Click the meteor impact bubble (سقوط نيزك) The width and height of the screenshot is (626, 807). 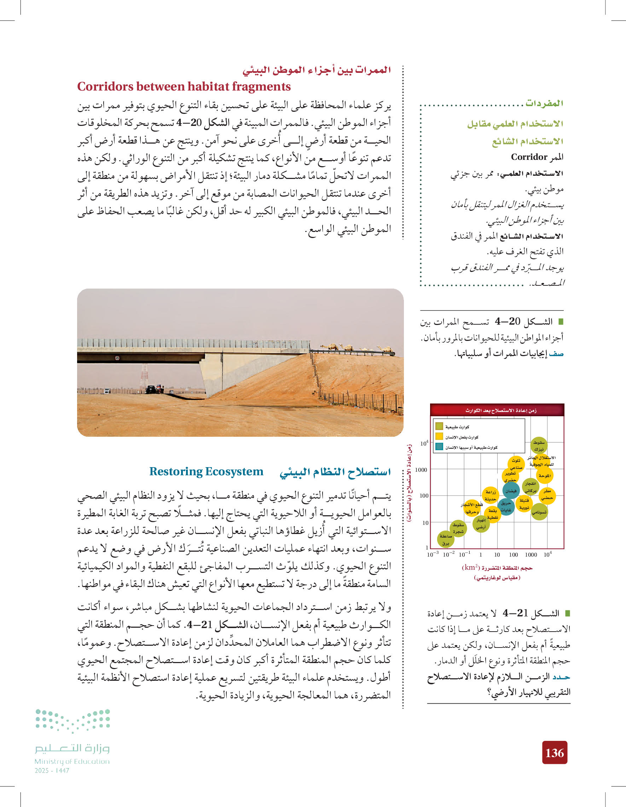(539, 445)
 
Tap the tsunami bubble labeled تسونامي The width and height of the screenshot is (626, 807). (539, 512)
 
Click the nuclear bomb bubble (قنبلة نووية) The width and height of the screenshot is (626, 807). (524, 504)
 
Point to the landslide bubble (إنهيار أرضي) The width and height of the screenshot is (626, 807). (481, 524)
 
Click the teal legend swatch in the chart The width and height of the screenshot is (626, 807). (439, 447)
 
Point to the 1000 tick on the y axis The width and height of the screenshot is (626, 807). (421, 470)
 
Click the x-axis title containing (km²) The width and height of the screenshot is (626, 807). (497, 567)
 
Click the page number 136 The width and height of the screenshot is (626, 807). (554, 753)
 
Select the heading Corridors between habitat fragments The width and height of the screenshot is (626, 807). (184, 86)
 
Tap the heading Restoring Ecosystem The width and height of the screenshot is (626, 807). (206, 471)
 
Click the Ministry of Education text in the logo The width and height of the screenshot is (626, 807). (72, 761)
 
